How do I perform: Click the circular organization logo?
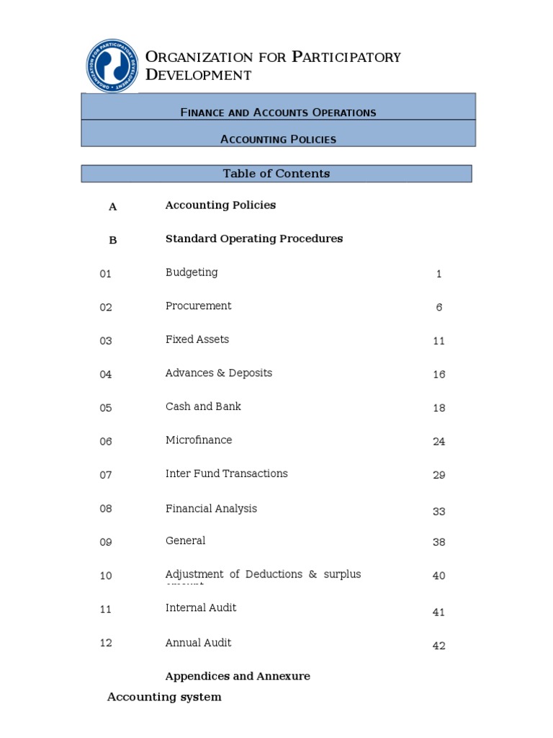point(113,66)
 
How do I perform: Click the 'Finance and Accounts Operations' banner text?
point(278,112)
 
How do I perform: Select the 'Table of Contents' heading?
point(276,174)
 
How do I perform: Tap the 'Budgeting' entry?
point(192,272)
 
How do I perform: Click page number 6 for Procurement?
point(439,308)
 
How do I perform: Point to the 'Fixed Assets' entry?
point(197,339)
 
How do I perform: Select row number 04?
point(106,375)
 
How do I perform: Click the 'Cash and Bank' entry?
point(203,406)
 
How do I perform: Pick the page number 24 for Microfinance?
point(439,442)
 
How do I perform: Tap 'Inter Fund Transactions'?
point(226,474)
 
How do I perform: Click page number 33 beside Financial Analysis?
point(439,512)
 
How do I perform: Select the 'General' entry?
point(185,541)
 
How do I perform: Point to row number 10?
point(106,576)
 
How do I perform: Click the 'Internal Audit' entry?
point(201,608)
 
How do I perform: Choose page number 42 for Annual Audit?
point(439,646)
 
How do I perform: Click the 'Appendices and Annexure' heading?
point(238,676)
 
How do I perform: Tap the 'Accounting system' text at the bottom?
point(164,697)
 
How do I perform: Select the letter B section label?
point(112,241)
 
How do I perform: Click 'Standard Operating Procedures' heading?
point(254,239)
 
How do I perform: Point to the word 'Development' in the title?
point(199,75)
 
